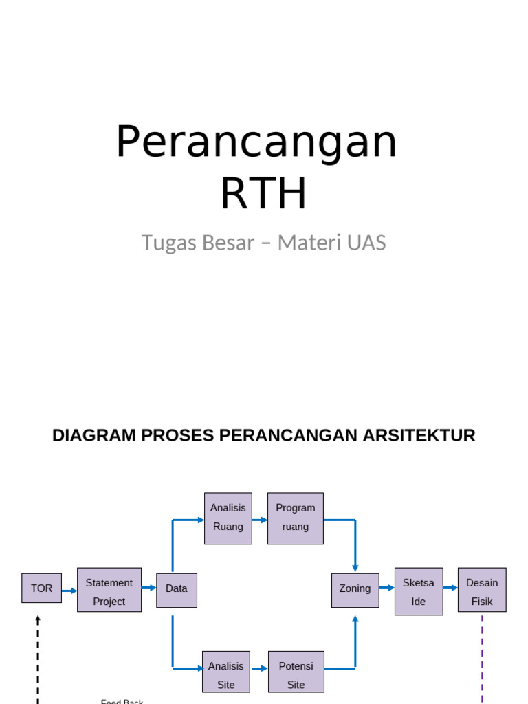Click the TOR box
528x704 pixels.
41,588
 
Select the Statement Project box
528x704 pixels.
109,590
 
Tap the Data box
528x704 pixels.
177,590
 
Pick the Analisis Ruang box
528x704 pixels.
228,518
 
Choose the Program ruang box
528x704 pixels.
296,518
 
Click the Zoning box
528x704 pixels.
355,590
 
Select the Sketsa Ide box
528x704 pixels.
419,591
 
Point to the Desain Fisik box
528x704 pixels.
482,590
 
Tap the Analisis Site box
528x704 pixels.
226,672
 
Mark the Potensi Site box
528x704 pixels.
296,672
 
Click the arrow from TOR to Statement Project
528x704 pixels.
69,590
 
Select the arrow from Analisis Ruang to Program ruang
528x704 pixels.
260,520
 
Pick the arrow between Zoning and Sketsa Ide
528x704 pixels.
387,588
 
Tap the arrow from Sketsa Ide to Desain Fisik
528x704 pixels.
450,588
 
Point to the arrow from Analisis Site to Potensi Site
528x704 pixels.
259,668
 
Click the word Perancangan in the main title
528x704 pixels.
256,142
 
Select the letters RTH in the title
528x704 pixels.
263,194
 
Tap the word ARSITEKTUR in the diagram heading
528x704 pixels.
417,436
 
